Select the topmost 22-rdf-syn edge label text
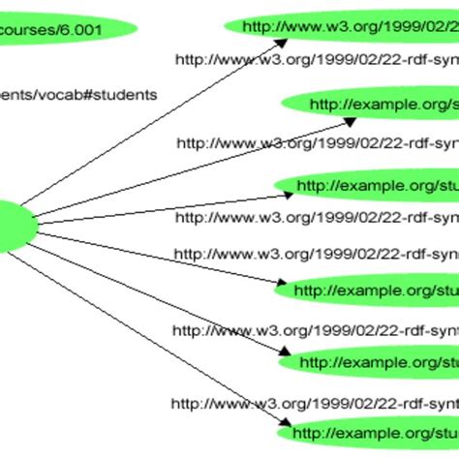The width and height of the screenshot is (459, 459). click(x=316, y=59)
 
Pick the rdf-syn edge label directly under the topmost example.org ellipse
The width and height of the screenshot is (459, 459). click(x=316, y=143)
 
